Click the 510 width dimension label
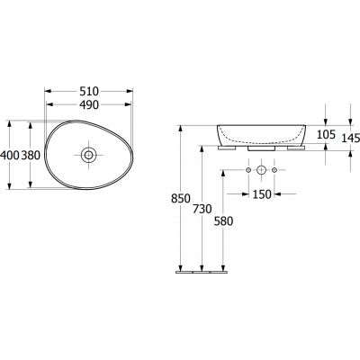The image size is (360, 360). [x=89, y=91]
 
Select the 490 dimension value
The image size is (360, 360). [x=89, y=104]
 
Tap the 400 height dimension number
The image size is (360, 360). [x=10, y=155]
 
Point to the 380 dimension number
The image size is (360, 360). [x=31, y=155]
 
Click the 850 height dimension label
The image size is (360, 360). [x=181, y=199]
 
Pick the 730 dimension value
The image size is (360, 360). [x=202, y=209]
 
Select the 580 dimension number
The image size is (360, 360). [x=223, y=221]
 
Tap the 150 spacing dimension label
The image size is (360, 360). [x=262, y=194]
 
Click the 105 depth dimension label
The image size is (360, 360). [x=326, y=135]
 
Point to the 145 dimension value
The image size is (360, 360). [x=351, y=138]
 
